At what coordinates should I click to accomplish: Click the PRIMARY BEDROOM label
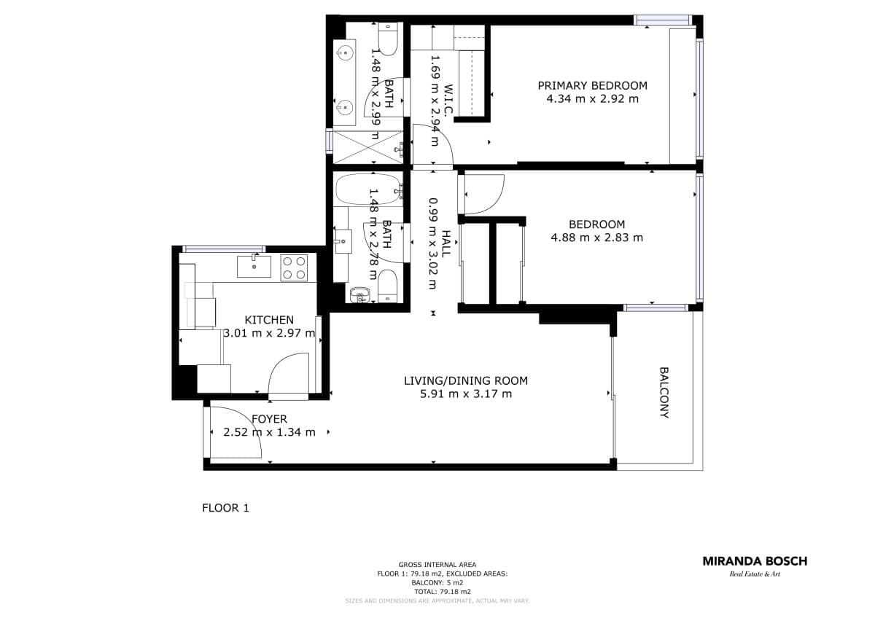click(592, 85)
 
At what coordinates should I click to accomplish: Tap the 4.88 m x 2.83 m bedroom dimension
click(597, 237)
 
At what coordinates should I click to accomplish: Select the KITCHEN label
click(269, 320)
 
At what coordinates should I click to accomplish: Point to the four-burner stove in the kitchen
click(294, 267)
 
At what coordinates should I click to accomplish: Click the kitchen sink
click(253, 267)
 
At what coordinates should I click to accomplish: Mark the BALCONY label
click(664, 392)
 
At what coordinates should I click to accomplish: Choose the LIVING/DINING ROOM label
click(466, 380)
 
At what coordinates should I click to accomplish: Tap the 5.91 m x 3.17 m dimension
click(466, 394)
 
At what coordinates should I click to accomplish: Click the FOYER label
click(269, 419)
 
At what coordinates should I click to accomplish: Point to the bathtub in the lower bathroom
click(368, 189)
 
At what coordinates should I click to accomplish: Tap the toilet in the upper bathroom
click(388, 40)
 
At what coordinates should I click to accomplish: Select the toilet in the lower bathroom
click(388, 285)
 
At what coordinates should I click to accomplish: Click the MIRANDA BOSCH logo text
click(755, 561)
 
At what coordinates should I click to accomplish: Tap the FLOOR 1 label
click(225, 508)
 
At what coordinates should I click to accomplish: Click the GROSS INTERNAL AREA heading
click(437, 565)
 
